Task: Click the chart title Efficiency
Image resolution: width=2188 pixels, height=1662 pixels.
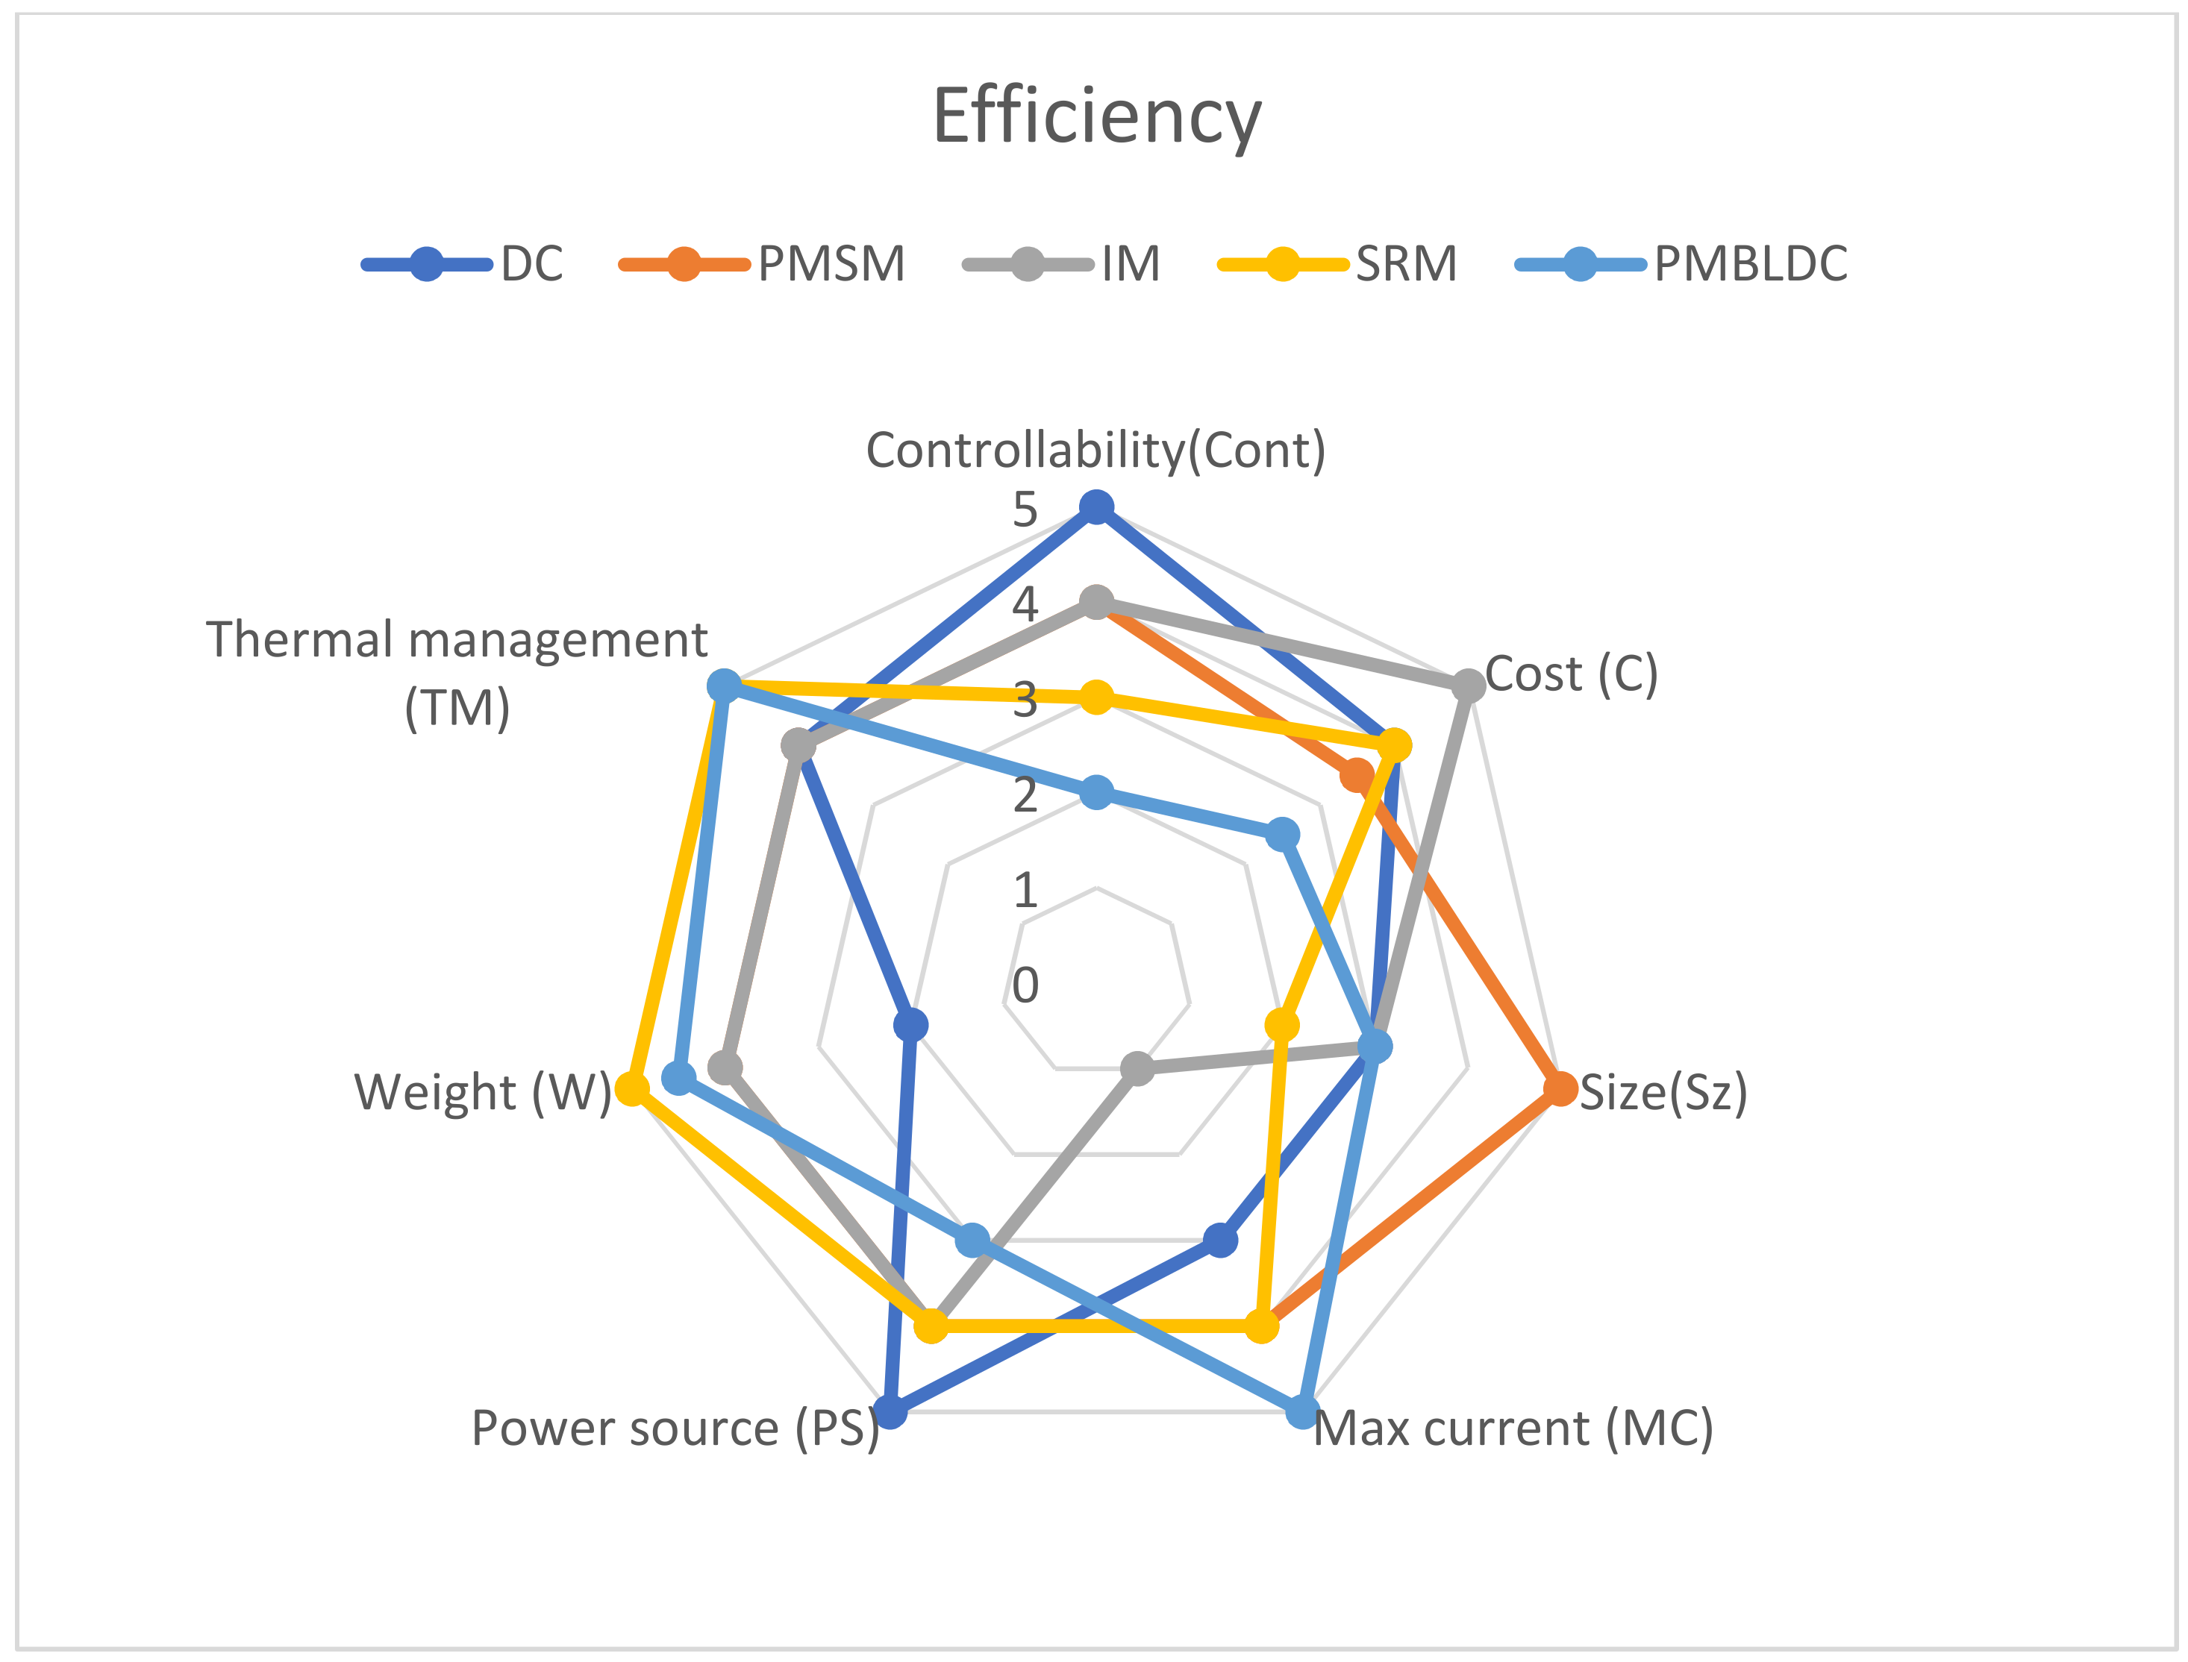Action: pos(1096,116)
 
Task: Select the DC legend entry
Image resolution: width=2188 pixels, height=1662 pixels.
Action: pos(531,264)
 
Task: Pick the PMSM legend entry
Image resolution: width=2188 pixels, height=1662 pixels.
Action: pos(831,264)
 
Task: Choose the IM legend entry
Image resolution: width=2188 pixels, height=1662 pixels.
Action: pos(1130,264)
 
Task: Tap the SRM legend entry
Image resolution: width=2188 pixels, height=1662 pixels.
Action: pos(1405,264)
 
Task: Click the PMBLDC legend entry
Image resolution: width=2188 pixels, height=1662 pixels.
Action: pos(1750,264)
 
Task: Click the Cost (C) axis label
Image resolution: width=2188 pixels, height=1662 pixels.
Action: pos(1571,674)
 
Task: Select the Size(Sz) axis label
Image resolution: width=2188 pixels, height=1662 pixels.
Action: pos(1663,1092)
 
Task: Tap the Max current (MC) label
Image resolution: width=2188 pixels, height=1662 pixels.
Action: pos(1513,1429)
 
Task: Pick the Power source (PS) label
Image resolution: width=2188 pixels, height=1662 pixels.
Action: pos(675,1429)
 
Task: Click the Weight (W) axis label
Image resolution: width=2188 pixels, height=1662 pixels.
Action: pos(483,1092)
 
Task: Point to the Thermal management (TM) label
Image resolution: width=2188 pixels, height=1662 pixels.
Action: pos(457,673)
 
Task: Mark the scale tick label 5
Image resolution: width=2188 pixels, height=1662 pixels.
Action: pos(1025,510)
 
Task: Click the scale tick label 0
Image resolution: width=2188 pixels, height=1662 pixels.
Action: pos(1025,985)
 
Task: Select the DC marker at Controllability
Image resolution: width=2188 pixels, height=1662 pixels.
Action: pos(1095,507)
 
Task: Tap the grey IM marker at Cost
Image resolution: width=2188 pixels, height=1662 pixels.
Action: pos(1469,685)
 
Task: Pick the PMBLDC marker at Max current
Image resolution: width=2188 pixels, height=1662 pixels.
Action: pos(1302,1411)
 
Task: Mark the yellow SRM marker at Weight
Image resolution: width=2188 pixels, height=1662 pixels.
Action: pos(631,1088)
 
